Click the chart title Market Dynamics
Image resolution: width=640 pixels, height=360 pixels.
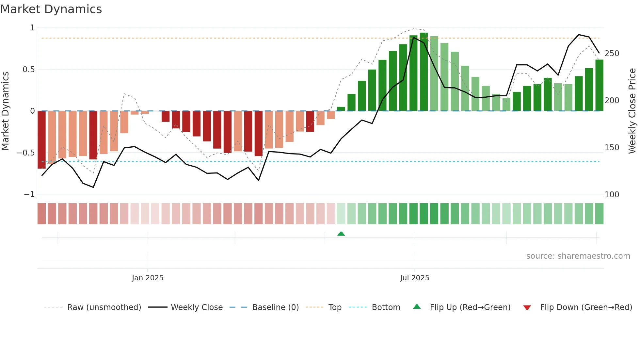click(x=51, y=9)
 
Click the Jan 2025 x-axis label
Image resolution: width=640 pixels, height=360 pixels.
click(x=148, y=278)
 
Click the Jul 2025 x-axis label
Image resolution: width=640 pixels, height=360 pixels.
click(x=415, y=278)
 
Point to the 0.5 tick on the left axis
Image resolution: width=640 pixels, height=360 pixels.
click(x=28, y=70)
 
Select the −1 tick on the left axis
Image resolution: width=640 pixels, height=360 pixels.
click(x=29, y=194)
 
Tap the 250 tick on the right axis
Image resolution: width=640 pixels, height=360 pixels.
click(x=612, y=54)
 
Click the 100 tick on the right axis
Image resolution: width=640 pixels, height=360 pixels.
click(x=612, y=195)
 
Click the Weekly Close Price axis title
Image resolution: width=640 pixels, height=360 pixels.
click(x=632, y=111)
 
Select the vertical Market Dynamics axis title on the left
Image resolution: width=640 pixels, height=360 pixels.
click(x=5, y=111)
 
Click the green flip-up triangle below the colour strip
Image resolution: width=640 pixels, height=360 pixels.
click(x=341, y=234)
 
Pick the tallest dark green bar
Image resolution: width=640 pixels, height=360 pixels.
click(x=424, y=72)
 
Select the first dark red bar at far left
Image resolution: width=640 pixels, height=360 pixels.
click(x=42, y=140)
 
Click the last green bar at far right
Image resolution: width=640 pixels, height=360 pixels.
click(x=599, y=86)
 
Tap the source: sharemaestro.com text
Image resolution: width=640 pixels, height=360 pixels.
click(x=578, y=256)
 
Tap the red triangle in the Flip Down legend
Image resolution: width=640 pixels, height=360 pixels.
click(x=527, y=308)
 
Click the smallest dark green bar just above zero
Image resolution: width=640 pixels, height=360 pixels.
click(x=341, y=109)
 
